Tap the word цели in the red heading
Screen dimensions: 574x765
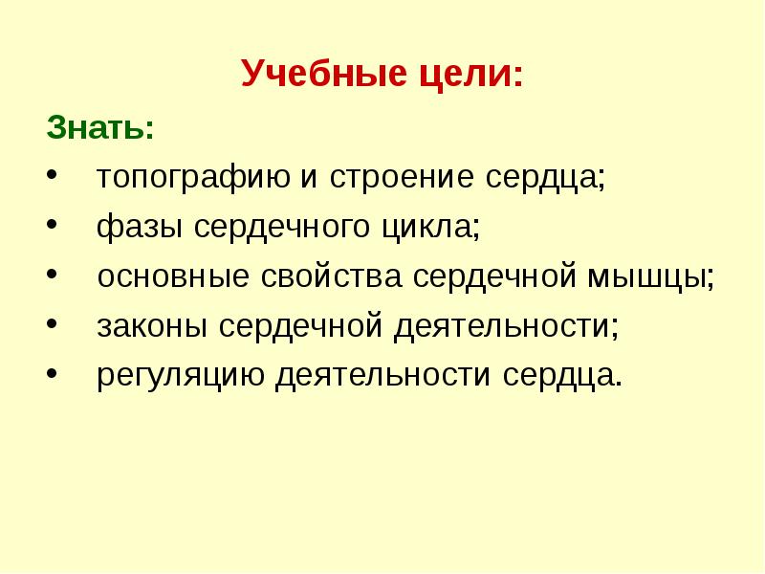(459, 74)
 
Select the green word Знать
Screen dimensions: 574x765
(99, 127)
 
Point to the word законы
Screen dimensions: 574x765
(152, 327)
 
